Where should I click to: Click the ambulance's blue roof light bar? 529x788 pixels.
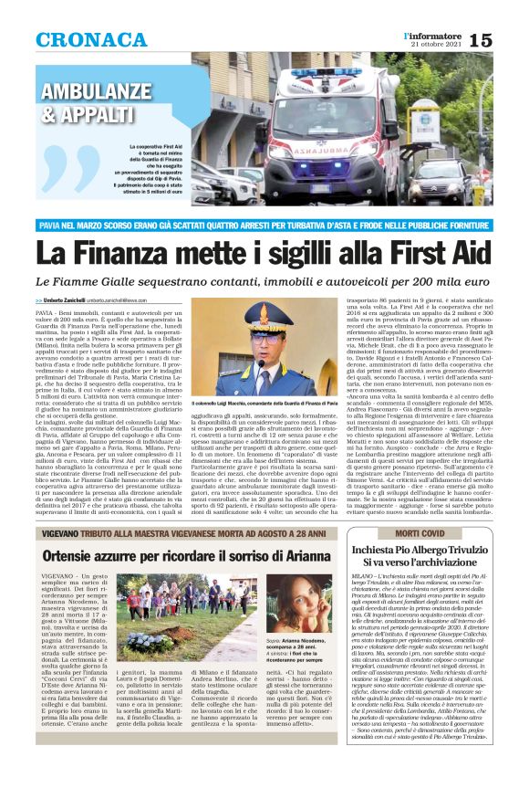click(x=326, y=72)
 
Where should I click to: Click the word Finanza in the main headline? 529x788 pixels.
click(x=150, y=248)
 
